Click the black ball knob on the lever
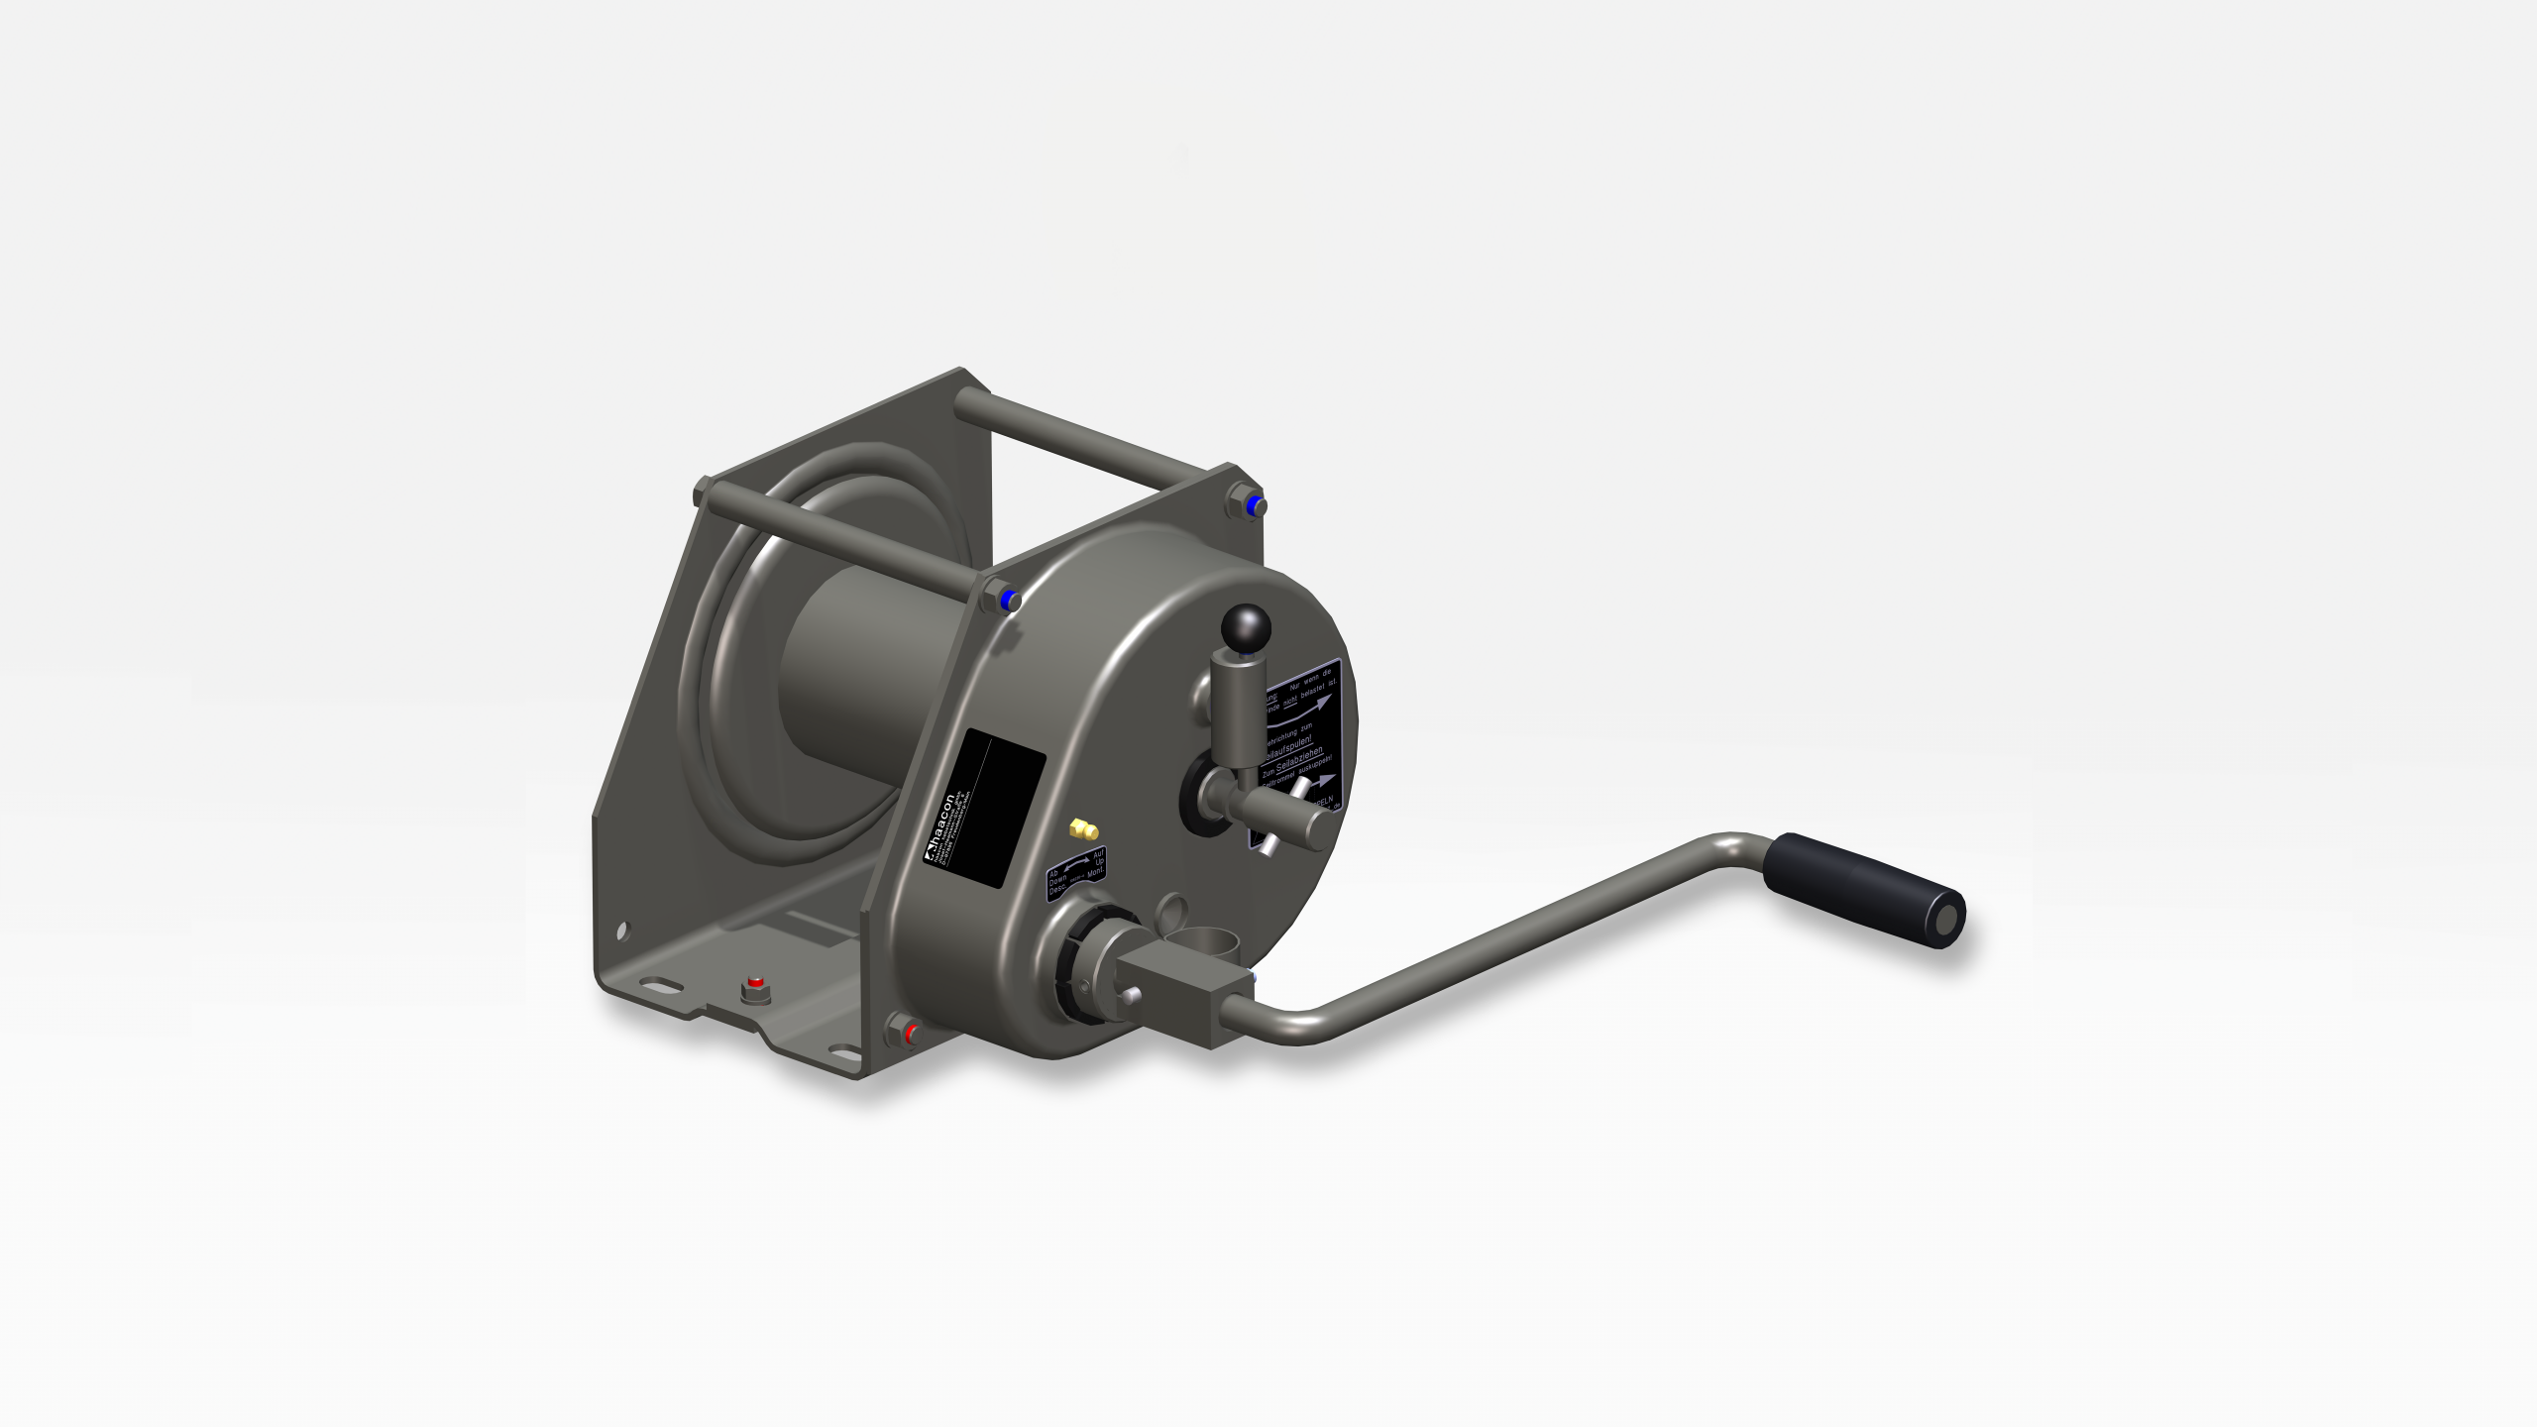(1246, 626)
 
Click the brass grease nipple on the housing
(1080, 826)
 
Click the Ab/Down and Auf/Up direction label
(1076, 872)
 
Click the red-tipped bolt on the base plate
(755, 989)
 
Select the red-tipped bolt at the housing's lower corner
(906, 1033)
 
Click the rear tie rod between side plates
(1090, 436)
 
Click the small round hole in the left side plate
(622, 931)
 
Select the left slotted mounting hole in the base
(655, 986)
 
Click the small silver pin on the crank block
(1130, 994)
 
